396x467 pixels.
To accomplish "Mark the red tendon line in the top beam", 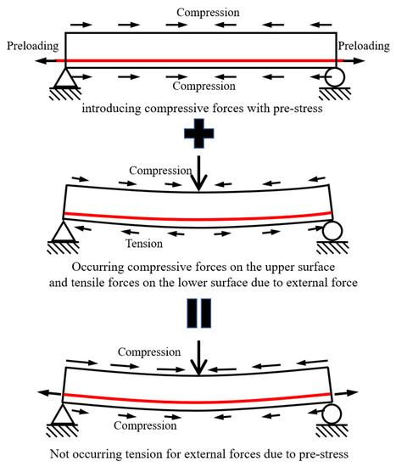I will tap(198, 60).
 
